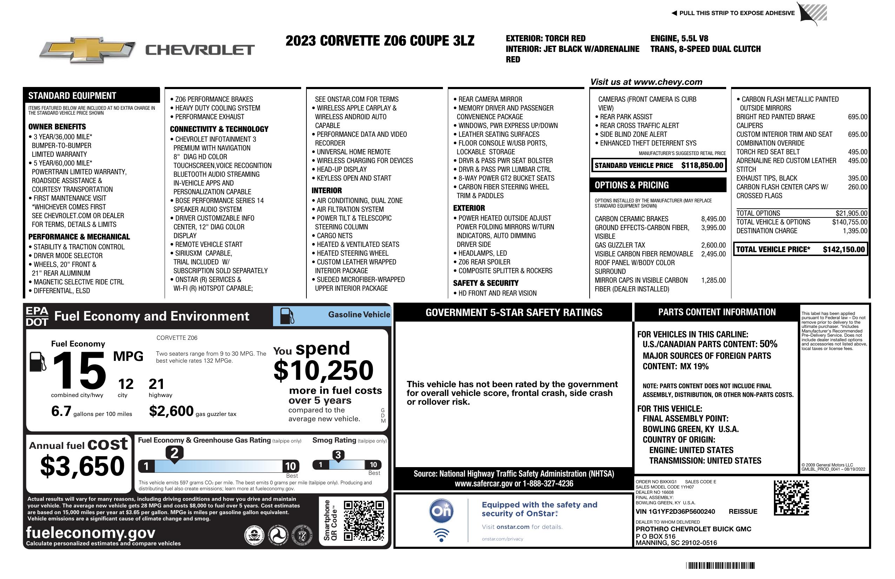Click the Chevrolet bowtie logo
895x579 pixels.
(x=87, y=50)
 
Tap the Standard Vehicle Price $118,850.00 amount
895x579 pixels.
(x=702, y=165)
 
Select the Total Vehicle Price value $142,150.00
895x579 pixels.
(x=843, y=249)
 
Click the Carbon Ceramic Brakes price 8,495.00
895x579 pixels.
(x=713, y=219)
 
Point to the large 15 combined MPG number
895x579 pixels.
(x=79, y=371)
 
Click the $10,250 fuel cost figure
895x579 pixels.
(x=323, y=370)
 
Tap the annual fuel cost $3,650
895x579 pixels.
(x=82, y=466)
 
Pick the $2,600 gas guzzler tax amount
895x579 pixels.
(x=171, y=411)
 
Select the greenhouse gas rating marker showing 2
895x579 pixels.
(x=174, y=453)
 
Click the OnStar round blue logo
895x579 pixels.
(x=441, y=511)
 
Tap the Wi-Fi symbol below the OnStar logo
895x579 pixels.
(x=441, y=535)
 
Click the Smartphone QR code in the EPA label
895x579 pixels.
(x=364, y=520)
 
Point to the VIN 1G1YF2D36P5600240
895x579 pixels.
(x=675, y=511)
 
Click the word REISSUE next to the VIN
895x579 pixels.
(x=743, y=511)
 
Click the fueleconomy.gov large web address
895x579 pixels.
(x=91, y=532)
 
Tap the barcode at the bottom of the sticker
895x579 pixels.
(x=720, y=565)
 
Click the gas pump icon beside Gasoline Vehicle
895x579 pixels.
(x=287, y=316)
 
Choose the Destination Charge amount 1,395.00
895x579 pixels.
(x=855, y=231)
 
